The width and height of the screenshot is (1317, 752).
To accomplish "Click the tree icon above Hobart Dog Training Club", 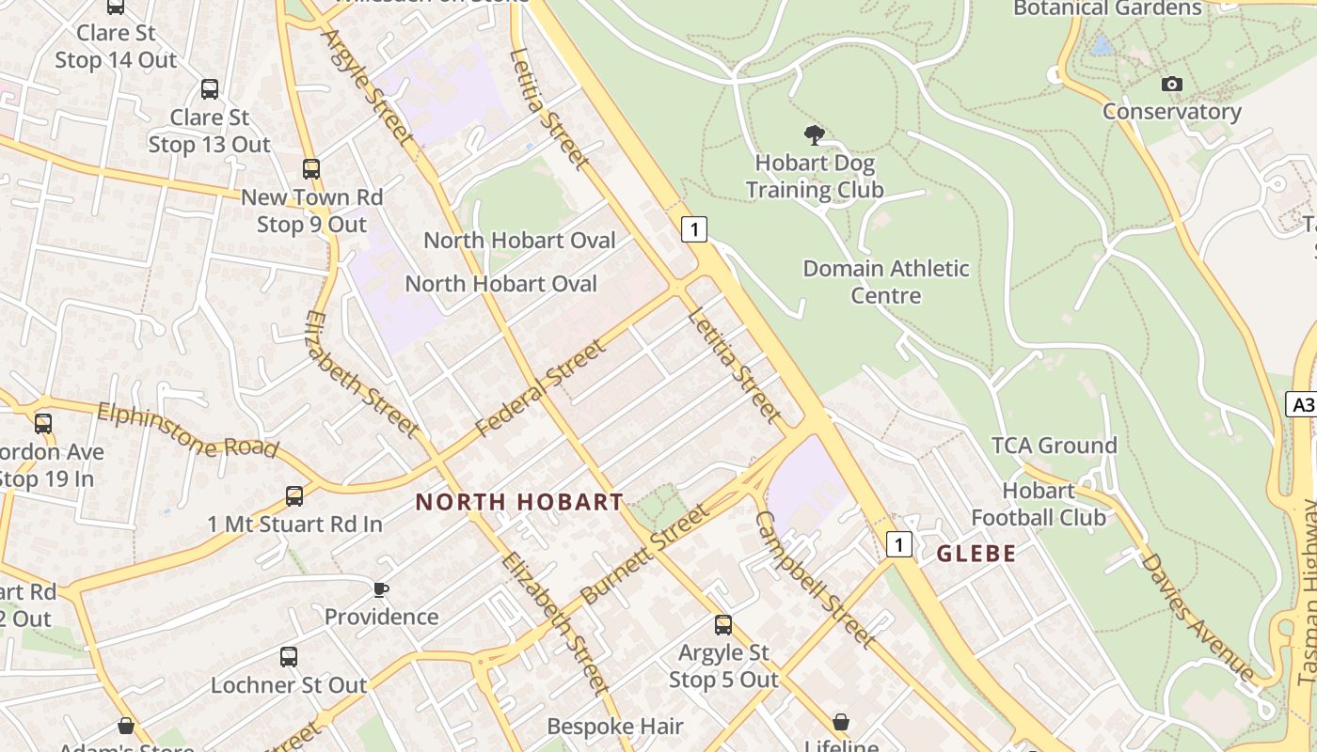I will coord(815,135).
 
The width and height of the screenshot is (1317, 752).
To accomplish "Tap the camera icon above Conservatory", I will coord(1171,85).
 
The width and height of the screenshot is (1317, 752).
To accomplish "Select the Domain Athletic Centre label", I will coord(885,282).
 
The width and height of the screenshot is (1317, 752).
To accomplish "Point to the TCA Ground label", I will coord(1054,446).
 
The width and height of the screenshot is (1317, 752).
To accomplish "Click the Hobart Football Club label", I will coord(1039,504).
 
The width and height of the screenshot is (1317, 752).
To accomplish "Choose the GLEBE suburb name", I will coord(976,554).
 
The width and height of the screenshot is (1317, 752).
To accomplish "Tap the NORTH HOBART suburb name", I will coord(519,502).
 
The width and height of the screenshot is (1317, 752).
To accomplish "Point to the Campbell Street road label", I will coord(816,579).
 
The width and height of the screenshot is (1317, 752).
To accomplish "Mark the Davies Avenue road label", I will coord(1198,616).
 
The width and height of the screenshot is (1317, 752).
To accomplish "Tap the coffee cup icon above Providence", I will coord(380,590).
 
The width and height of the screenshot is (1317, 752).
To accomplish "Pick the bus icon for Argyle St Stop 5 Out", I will coord(722,625).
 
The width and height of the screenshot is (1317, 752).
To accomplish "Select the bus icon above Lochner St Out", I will coord(288,657).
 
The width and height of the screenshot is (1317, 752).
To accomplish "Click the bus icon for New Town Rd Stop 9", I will coord(311,169).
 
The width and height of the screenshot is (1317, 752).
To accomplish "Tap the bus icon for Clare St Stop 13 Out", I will coord(210,89).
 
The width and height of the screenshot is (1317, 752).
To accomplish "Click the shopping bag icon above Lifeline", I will coord(841,722).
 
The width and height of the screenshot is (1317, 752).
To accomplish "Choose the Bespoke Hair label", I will coord(615,727).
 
